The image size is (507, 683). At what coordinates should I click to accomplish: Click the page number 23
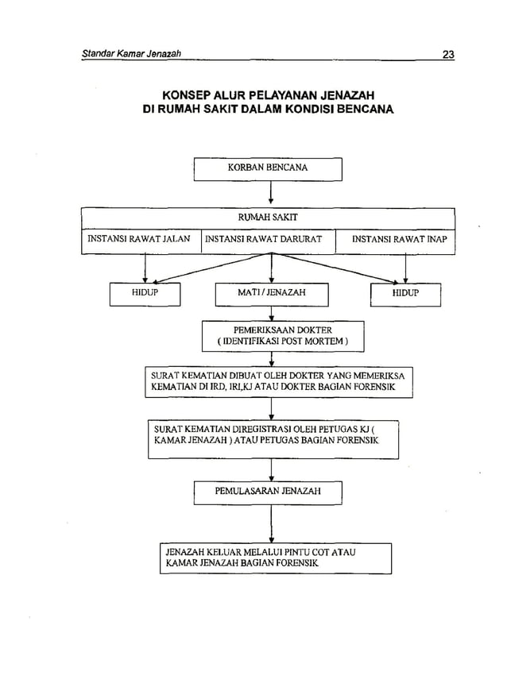(448, 55)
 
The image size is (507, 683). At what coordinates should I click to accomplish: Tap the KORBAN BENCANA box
(268, 169)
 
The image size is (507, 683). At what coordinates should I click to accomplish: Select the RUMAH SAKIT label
(268, 216)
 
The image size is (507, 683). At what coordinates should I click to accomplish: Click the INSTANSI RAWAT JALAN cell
(139, 238)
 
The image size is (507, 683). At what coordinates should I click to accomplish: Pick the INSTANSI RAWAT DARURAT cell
(264, 238)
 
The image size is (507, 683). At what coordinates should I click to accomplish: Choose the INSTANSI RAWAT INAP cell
(399, 238)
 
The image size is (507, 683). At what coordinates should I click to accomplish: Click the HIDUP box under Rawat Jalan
(145, 294)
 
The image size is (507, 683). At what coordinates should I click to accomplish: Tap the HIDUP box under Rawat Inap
(405, 294)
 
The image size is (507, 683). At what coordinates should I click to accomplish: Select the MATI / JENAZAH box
(272, 294)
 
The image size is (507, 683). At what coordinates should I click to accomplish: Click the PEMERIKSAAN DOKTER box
(283, 336)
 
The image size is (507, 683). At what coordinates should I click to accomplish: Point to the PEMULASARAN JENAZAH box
(268, 492)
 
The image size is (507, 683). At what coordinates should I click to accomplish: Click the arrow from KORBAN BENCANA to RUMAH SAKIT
(272, 194)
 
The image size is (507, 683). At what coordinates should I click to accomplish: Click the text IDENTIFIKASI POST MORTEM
(284, 341)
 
